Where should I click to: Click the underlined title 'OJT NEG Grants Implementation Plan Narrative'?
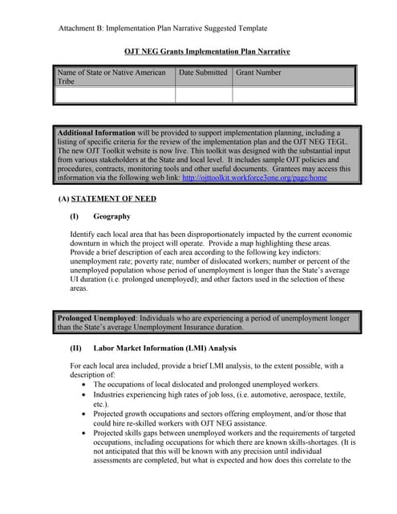tap(207, 51)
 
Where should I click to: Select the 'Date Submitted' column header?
tap(203, 73)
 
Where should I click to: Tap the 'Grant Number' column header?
tap(258, 73)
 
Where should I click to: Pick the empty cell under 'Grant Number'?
tap(293, 95)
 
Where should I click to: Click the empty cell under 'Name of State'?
tap(114, 95)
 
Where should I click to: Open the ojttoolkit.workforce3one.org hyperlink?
tap(255, 178)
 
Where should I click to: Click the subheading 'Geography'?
tap(111, 217)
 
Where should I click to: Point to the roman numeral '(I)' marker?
tap(75, 217)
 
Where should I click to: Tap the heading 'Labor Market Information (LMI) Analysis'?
tap(165, 349)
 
